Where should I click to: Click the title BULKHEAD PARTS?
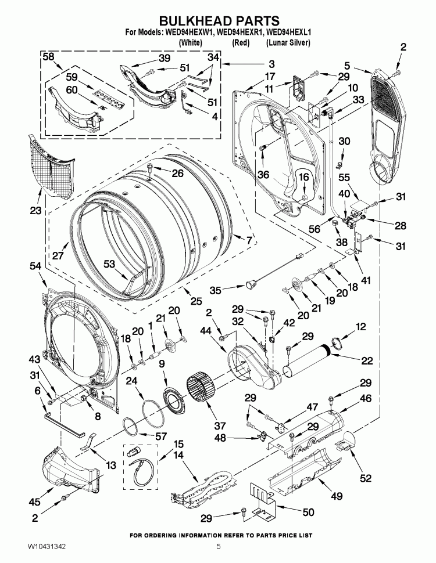pyautogui.click(x=218, y=21)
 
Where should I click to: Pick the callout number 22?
pyautogui.click(x=366, y=360)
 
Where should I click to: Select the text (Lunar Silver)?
pyautogui.click(x=288, y=43)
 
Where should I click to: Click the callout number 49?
pyautogui.click(x=336, y=496)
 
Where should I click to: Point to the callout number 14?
pyautogui.click(x=179, y=456)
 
